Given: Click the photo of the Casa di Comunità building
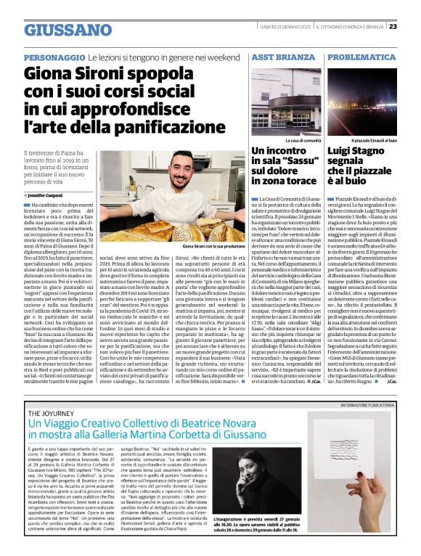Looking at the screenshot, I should tap(291, 103).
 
